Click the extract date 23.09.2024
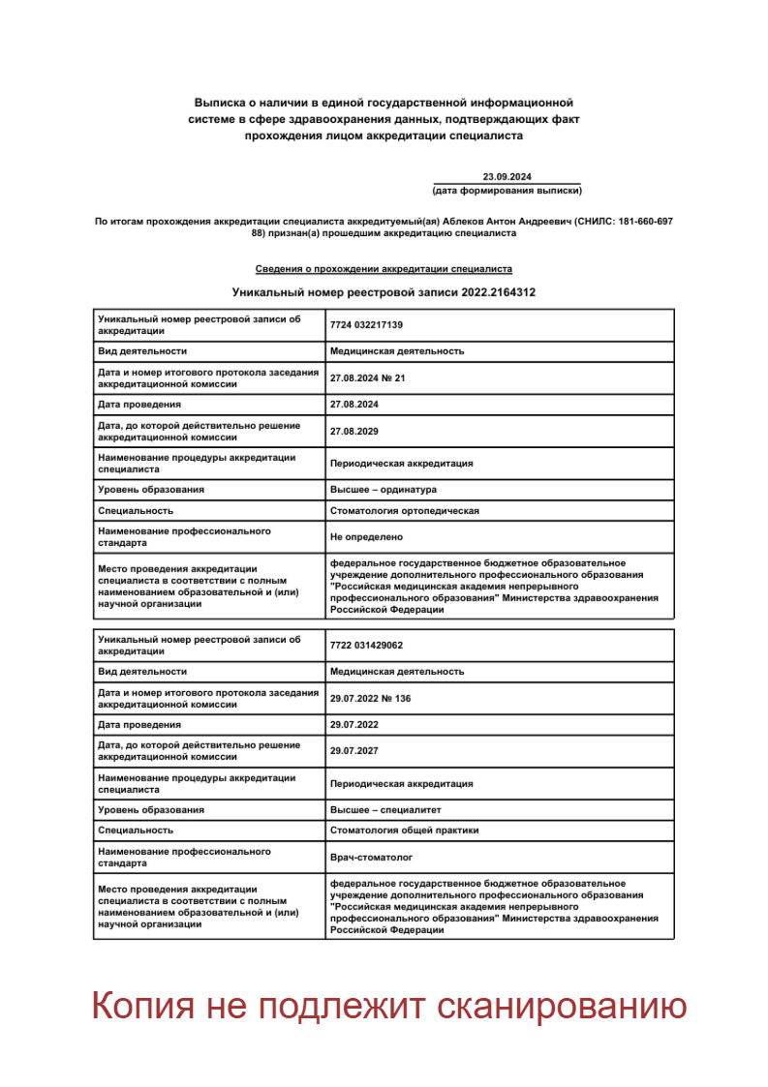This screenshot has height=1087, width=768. [x=507, y=176]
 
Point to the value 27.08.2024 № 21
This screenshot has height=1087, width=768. [x=367, y=378]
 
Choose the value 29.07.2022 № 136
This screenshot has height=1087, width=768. [x=370, y=698]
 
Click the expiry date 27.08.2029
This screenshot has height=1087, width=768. [x=353, y=432]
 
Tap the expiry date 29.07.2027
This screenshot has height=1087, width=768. [x=353, y=751]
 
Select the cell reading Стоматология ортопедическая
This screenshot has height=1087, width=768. [x=404, y=511]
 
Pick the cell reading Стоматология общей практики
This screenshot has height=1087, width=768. [x=404, y=830]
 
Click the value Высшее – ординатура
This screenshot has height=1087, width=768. [x=384, y=490]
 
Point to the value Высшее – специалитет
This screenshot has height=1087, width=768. [x=385, y=809]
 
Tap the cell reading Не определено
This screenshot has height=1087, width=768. [x=366, y=537]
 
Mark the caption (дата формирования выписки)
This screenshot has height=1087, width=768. [x=507, y=191]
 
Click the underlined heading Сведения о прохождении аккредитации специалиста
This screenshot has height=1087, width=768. [x=384, y=269]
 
